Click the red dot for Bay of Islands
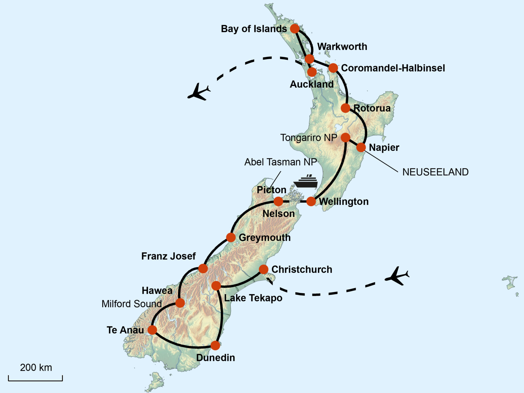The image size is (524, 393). [295, 28]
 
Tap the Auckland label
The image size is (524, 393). [312, 84]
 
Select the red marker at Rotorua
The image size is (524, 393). [346, 108]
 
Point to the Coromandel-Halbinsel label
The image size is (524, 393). [393, 68]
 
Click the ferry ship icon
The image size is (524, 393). [306, 181]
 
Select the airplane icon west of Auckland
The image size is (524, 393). [199, 92]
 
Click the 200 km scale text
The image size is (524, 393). [36, 368]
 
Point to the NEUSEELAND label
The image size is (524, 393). [435, 172]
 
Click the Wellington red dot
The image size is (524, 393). [311, 201]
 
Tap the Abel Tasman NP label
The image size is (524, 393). [280, 162]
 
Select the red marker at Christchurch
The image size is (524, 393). [263, 269]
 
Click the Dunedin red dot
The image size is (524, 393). [215, 346]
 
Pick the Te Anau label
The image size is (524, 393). [125, 330]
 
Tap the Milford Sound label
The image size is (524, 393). [132, 304]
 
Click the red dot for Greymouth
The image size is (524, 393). [231, 237]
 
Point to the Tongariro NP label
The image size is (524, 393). [309, 138]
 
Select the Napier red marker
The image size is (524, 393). [361, 147]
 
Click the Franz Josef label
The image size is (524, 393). [168, 256]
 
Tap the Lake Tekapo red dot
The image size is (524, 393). [216, 286]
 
